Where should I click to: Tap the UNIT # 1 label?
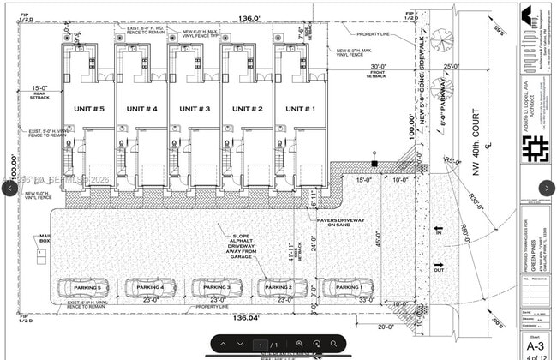click(x=300, y=109)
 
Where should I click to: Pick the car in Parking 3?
click(x=215, y=287)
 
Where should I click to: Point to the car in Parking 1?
click(x=349, y=287)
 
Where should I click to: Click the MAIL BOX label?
click(x=45, y=238)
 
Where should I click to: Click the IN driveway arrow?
click(x=439, y=232)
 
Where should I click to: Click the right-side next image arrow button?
click(x=546, y=188)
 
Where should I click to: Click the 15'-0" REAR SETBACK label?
click(x=40, y=91)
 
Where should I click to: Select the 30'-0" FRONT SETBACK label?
click(x=378, y=70)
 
